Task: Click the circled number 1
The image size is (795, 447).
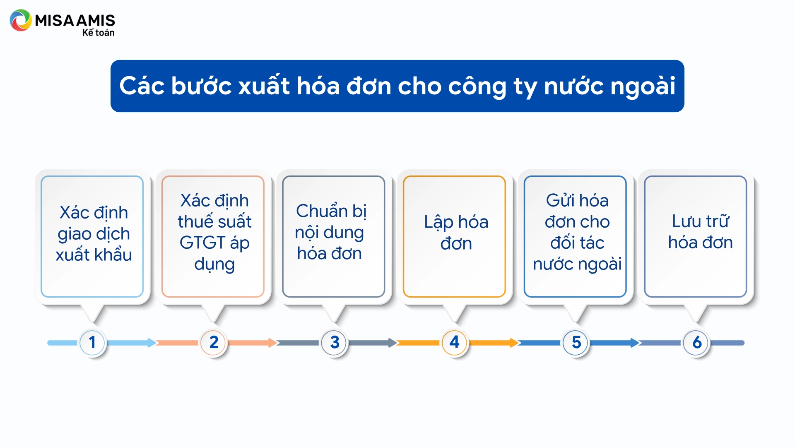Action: pyautogui.click(x=92, y=342)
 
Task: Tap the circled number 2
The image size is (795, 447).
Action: pyautogui.click(x=214, y=342)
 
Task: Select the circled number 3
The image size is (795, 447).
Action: pyautogui.click(x=335, y=342)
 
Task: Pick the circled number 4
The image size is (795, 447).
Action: pyautogui.click(x=455, y=342)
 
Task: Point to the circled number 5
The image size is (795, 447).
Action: pyautogui.click(x=576, y=342)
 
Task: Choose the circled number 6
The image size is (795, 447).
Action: pyautogui.click(x=697, y=342)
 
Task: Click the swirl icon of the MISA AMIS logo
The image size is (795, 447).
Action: pyautogui.click(x=21, y=20)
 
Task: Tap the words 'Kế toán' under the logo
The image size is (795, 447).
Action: pyautogui.click(x=98, y=32)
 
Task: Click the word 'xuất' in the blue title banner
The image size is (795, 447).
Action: pyautogui.click(x=264, y=86)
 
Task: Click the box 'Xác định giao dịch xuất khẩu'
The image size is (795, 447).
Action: pyautogui.click(x=92, y=236)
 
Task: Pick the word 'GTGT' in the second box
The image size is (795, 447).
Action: pyautogui.click(x=202, y=243)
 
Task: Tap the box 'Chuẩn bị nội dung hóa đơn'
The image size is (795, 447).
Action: pyautogui.click(x=334, y=236)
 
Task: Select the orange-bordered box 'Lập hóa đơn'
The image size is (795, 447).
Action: pyautogui.click(x=454, y=236)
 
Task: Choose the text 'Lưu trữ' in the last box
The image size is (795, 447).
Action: pyautogui.click(x=700, y=221)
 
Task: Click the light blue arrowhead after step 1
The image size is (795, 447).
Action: pyautogui.click(x=152, y=343)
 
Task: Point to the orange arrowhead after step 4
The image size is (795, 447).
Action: pyautogui.click(x=514, y=343)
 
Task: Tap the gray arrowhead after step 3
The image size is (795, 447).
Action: pyautogui.click(x=393, y=343)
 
